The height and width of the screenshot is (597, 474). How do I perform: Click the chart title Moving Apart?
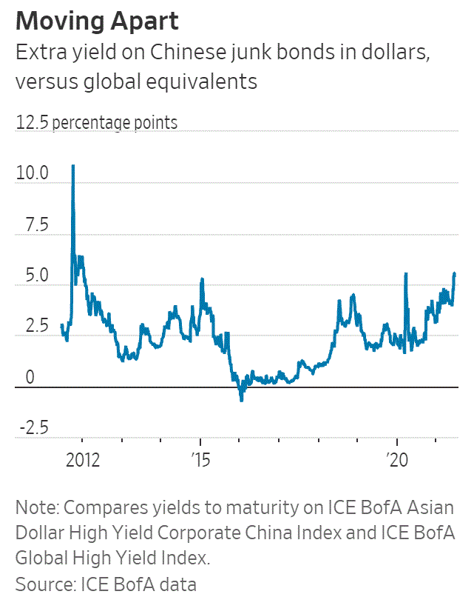[98, 21]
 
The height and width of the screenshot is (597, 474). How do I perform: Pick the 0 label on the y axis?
[30, 378]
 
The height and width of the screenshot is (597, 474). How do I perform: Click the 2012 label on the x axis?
[82, 459]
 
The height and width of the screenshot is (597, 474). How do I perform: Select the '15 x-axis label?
[200, 459]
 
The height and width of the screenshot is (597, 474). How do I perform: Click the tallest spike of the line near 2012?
[72, 166]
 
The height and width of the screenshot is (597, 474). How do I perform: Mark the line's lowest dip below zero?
[241, 399]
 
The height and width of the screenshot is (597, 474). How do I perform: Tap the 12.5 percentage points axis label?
[97, 122]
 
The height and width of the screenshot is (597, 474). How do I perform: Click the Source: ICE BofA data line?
[106, 584]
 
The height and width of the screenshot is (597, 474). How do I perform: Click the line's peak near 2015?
[202, 279]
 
